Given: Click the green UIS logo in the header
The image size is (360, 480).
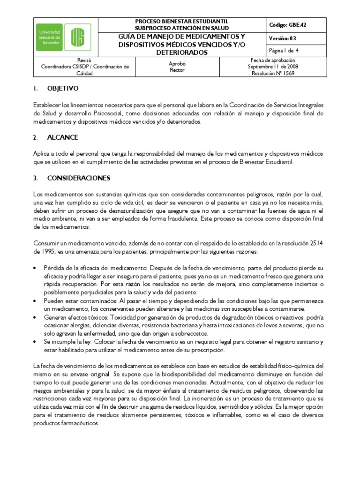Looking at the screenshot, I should point(77,37).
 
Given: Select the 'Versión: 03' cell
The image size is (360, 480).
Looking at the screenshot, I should point(283,38).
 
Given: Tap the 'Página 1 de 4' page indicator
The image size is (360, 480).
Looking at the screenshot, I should point(286,51).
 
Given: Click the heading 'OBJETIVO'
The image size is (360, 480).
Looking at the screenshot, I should point(63,88).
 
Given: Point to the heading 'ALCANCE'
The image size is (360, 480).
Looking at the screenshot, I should point(62,137).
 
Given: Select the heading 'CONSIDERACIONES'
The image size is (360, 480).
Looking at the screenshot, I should point(78,178).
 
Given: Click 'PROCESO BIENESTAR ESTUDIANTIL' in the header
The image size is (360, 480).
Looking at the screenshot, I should point(181,22).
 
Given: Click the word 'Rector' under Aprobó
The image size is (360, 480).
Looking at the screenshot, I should point(177,70).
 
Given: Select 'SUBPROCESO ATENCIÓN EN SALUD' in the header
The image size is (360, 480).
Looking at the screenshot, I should point(182,28).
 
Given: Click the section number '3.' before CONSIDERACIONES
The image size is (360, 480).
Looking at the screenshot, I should point(36,178).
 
